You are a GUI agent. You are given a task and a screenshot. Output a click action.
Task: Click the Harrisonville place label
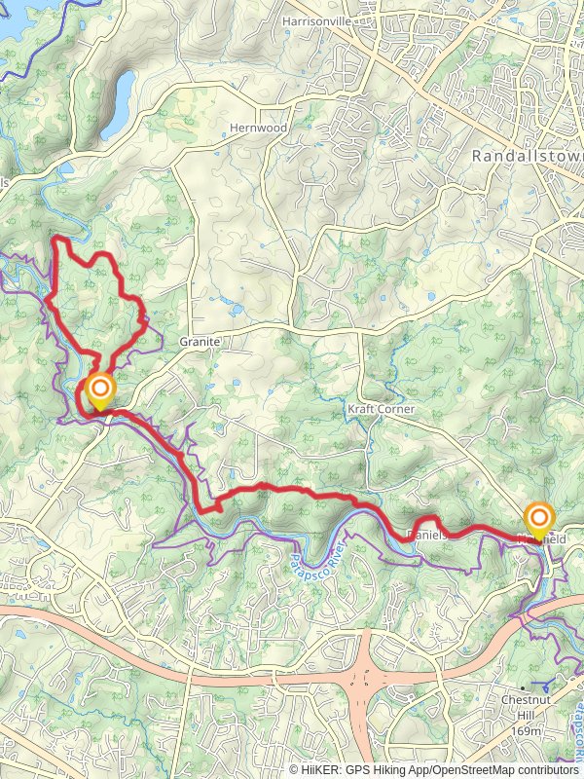point(314,19)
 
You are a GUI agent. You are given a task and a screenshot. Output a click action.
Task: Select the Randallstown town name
point(526,156)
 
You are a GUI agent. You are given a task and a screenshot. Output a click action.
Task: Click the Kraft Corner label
point(381,410)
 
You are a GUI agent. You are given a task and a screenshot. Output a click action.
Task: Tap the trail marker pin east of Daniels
point(538,520)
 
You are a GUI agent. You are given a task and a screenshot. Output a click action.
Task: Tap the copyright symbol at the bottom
point(293,769)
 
